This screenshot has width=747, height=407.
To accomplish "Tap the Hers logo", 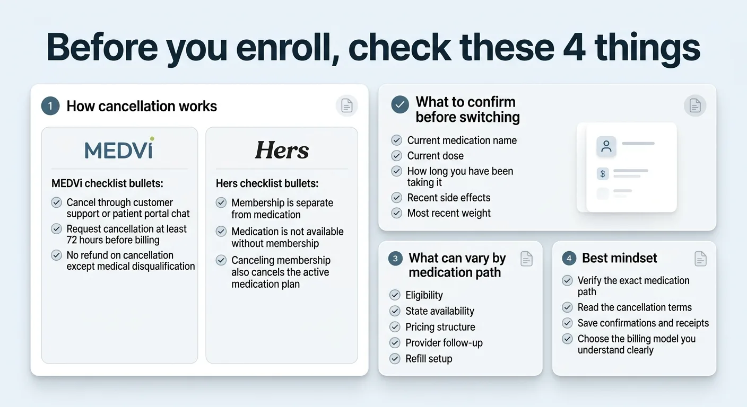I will point(282,150).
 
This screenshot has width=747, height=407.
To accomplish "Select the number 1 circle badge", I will point(50,106).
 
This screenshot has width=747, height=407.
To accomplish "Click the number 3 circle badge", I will point(395,259).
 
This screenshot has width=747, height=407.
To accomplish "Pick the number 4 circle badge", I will point(569,259).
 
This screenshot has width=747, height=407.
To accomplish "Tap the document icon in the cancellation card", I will point(346,106).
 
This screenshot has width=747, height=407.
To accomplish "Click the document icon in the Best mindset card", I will point(700,259).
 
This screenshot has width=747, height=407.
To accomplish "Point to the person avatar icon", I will point(606,146).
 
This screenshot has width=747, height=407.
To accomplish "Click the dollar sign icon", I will point(603,173).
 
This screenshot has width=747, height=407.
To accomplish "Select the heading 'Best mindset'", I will point(619,258).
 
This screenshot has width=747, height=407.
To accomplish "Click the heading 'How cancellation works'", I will point(142,106).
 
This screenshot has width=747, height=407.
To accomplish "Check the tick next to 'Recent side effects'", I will point(396,198).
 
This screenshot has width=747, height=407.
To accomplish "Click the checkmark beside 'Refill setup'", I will point(395,359).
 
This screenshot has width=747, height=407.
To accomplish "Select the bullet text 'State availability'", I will point(440,311).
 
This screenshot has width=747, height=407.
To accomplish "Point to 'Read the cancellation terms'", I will point(635,307).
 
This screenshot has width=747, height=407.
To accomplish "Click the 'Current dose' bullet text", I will point(435,156).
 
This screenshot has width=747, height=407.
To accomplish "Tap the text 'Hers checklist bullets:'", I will point(267,184).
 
